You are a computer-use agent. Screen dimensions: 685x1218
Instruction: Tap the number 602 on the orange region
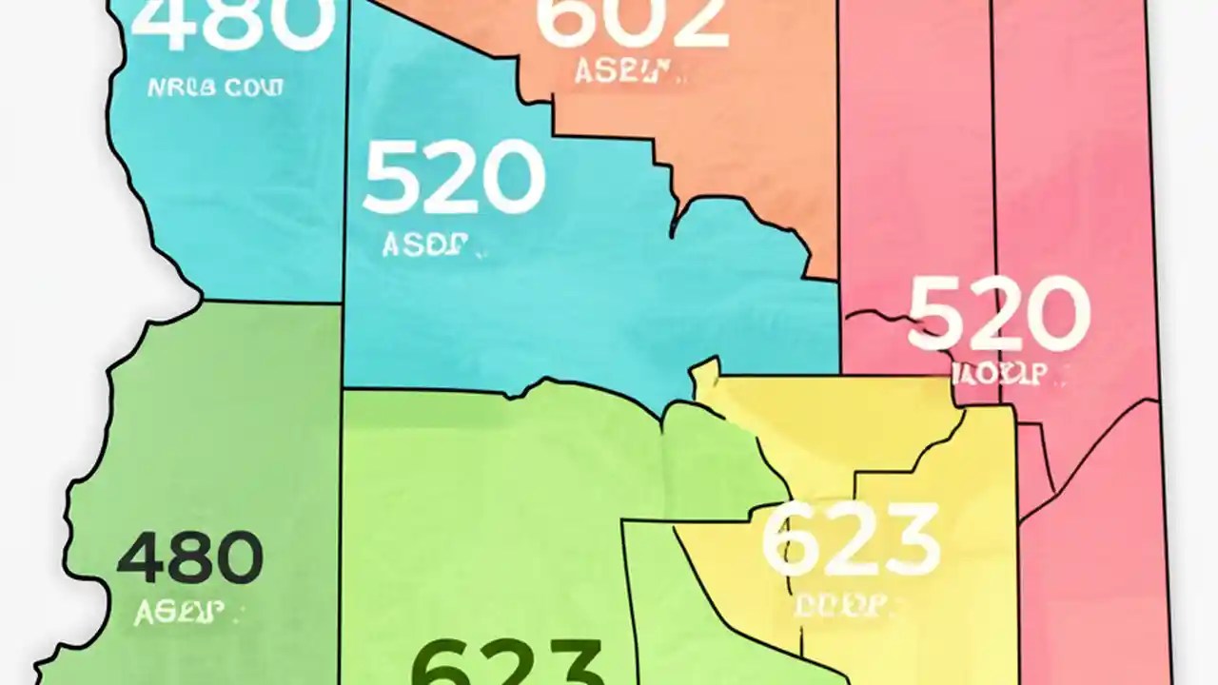(x=632, y=21)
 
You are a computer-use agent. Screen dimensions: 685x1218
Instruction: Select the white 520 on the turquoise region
(x=453, y=177)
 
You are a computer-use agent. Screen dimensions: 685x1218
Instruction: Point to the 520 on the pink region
(x=998, y=313)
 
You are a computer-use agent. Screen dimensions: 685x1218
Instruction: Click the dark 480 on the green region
(x=189, y=558)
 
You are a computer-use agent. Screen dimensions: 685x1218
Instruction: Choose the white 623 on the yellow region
(x=851, y=539)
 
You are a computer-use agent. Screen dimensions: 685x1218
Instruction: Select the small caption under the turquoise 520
(x=427, y=245)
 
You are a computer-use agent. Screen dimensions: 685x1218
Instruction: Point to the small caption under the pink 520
(x=999, y=372)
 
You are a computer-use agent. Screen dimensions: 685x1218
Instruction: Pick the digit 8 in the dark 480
(x=190, y=558)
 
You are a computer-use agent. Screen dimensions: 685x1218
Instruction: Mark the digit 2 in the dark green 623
(x=508, y=664)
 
